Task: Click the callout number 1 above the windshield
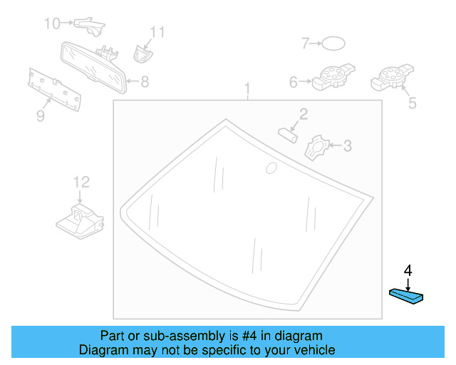pos(248,90)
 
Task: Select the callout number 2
pos(303,114)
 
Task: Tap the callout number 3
pos(348,146)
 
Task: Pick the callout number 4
pos(408,270)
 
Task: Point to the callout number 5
pos(411,104)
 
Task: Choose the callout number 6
pos(293,82)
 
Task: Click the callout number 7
pos(304,44)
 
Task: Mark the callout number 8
pos(145,82)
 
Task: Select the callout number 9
pos(40,115)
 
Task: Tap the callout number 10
pos(52,24)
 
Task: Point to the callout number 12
pos(80,182)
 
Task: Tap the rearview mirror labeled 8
pos(93,66)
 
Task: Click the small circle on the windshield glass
pos(271,168)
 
